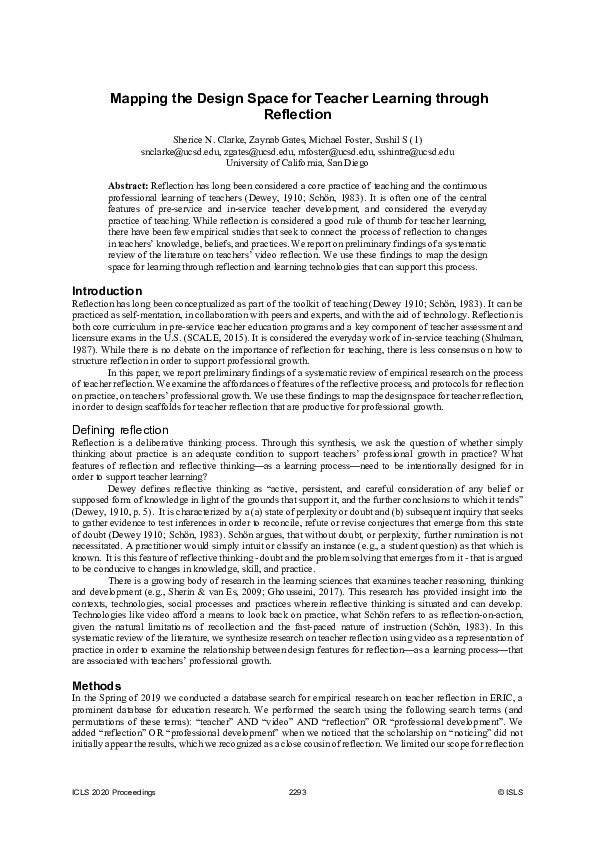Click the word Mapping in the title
coord(143,98)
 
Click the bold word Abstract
coord(128,187)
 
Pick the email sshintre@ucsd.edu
coord(415,151)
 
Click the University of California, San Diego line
coord(297,162)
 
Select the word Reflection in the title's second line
coord(297,115)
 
